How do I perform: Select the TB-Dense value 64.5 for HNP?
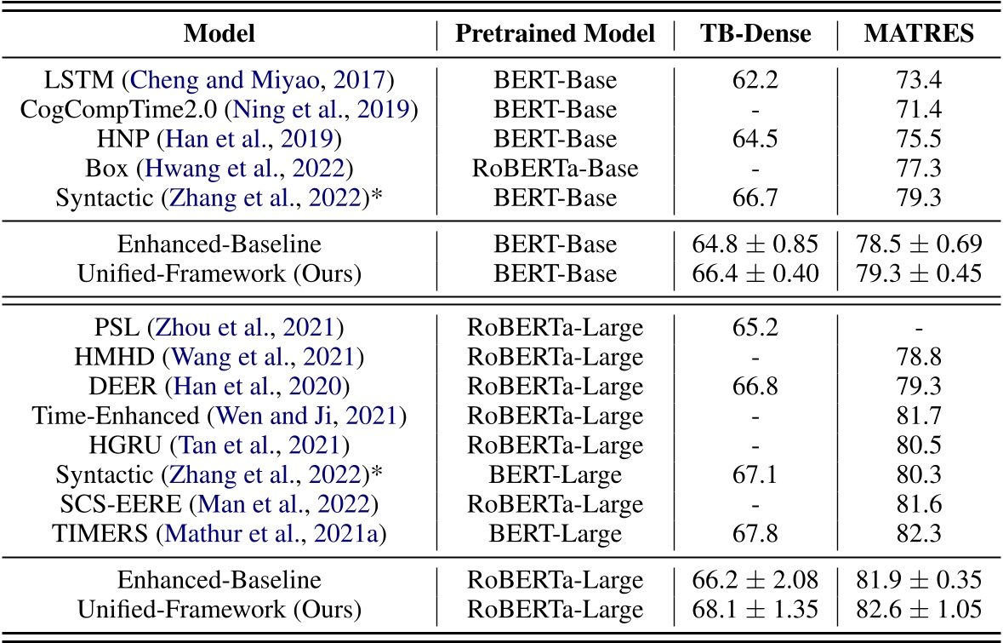(x=755, y=138)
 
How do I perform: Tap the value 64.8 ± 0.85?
(x=755, y=244)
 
